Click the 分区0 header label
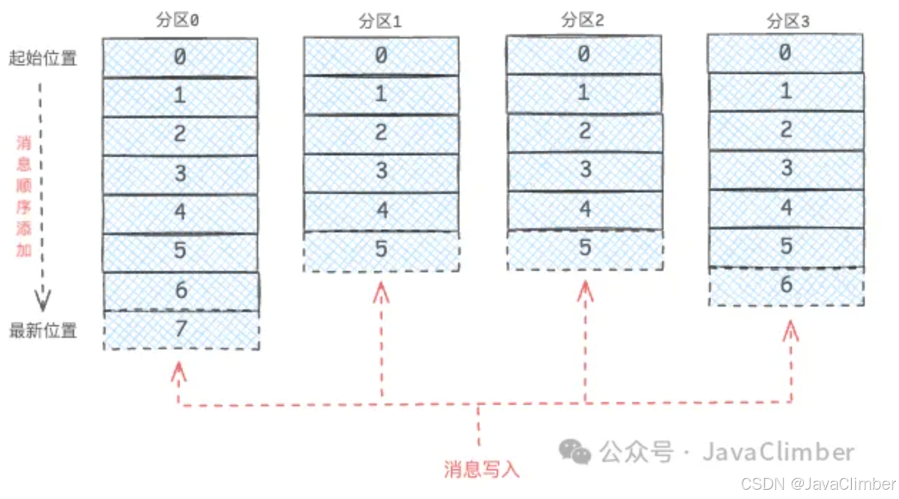(178, 21)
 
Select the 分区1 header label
(380, 21)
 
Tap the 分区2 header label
(583, 20)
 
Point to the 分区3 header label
(788, 21)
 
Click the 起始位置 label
(43, 58)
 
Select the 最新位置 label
(43, 330)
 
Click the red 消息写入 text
(482, 469)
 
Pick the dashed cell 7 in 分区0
(181, 329)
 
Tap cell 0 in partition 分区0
(180, 57)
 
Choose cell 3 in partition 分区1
(381, 172)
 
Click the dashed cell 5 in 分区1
(381, 250)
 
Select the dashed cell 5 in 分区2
(585, 249)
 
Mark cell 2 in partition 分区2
(585, 132)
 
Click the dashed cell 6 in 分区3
(786, 285)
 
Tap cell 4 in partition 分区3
(786, 208)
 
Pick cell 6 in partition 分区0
(181, 290)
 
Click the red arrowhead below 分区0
(178, 370)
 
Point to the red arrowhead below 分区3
(790, 329)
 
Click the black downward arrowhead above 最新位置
(43, 302)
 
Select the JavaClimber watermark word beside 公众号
(778, 452)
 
